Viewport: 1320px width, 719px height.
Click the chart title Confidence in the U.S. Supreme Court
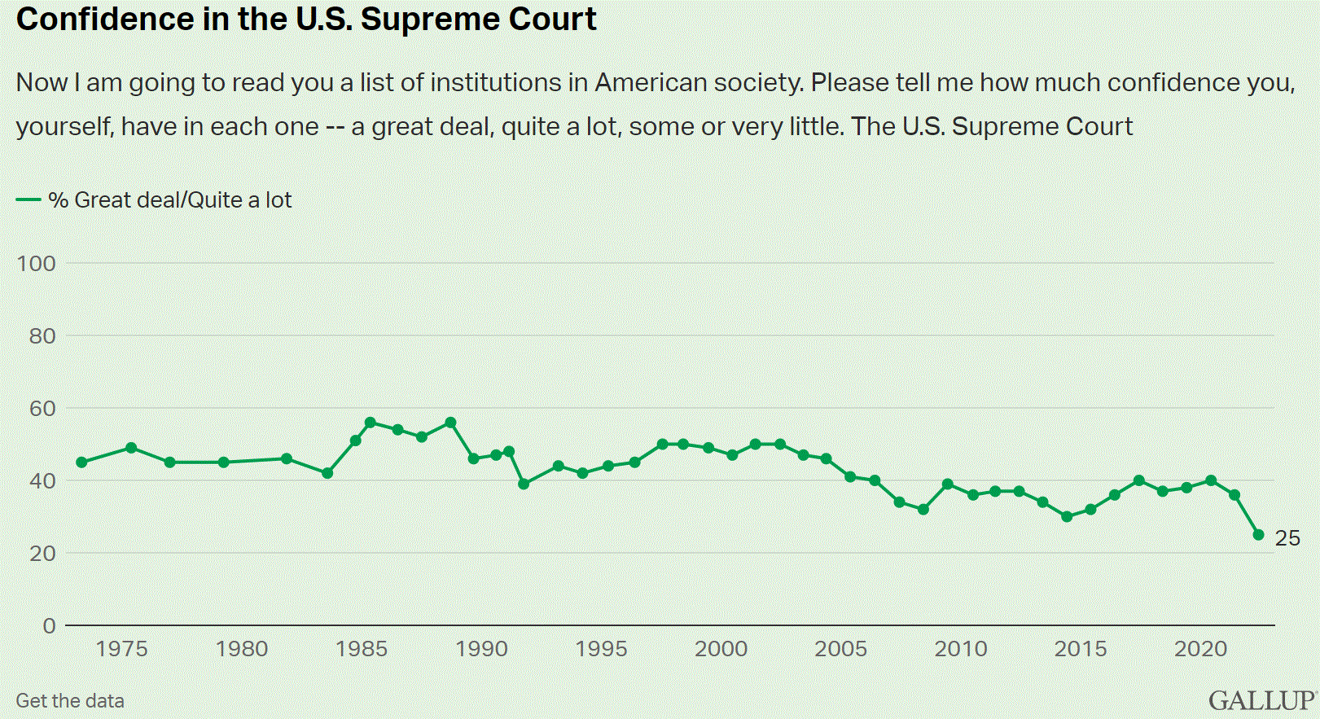click(306, 20)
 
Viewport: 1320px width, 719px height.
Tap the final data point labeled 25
click(1258, 535)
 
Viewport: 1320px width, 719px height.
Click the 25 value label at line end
click(1287, 538)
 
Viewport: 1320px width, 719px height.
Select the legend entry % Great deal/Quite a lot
click(169, 200)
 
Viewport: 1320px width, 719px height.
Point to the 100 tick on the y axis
click(36, 263)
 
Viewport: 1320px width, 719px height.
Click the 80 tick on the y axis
click(42, 335)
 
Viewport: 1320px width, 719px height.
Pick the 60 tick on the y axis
click(42, 408)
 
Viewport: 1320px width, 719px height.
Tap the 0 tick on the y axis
click(49, 625)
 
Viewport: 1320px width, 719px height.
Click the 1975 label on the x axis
click(121, 649)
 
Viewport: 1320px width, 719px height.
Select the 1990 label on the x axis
click(481, 649)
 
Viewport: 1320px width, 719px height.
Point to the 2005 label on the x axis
click(840, 649)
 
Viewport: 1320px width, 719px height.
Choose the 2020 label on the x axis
click(1200, 649)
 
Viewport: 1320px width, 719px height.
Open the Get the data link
click(70, 701)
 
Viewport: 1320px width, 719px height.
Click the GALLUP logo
click(1261, 700)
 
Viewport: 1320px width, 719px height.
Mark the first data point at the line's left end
click(81, 463)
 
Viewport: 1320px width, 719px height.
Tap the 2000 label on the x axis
click(721, 649)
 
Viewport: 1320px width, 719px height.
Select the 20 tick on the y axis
click(42, 553)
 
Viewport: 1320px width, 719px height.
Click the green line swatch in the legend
click(29, 199)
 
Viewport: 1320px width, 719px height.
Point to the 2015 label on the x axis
click(1081, 649)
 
